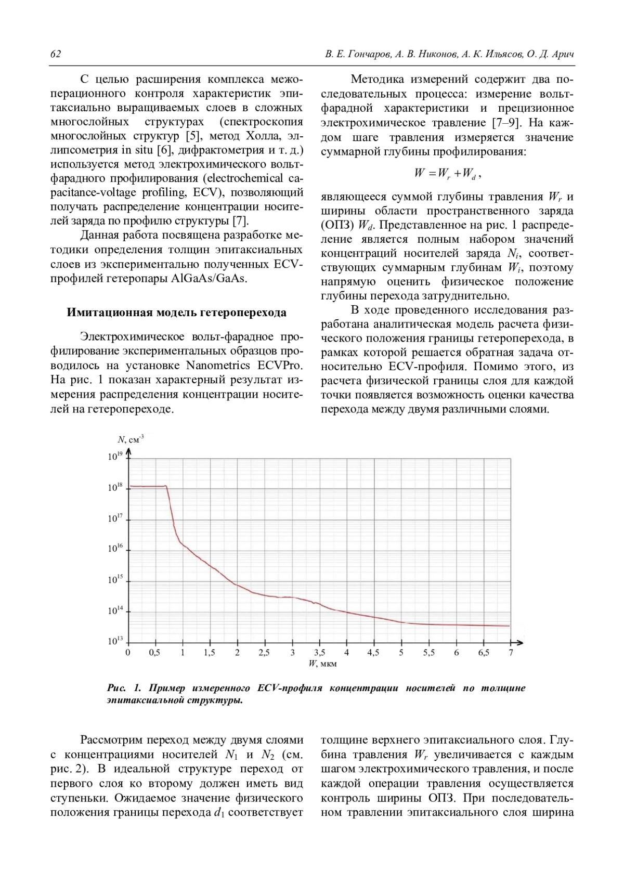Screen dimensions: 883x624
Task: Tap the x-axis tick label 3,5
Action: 319,653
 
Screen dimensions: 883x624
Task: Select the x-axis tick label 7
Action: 511,653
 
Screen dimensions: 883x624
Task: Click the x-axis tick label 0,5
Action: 154,653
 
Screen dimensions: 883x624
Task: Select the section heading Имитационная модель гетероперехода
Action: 176,313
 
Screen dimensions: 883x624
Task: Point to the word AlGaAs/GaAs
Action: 209,278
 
